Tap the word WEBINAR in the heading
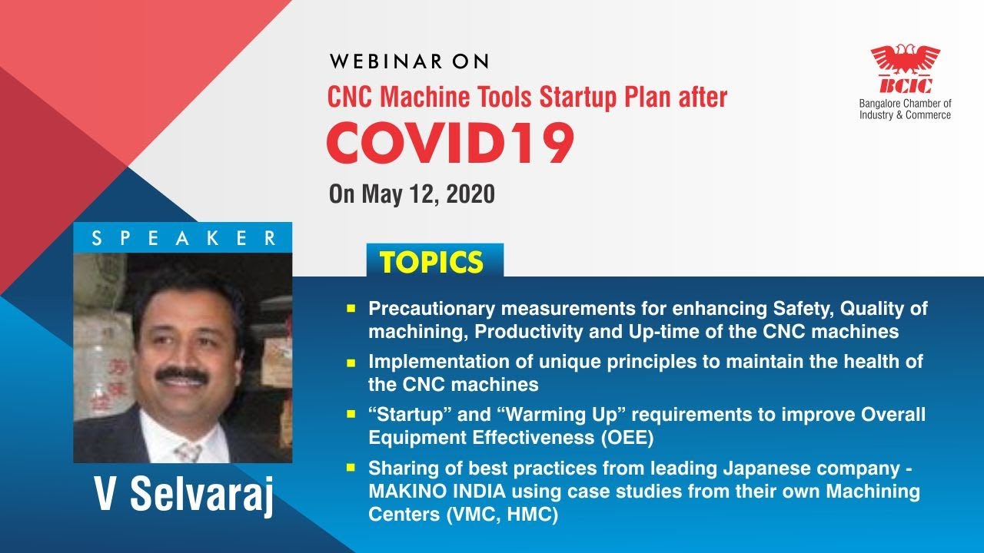377,62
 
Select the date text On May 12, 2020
411,194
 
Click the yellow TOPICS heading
431,263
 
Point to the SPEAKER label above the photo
183,238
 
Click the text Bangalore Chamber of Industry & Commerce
905,109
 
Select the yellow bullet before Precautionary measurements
351,308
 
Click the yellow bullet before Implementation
351,361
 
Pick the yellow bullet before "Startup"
351,414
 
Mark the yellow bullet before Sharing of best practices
351,467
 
